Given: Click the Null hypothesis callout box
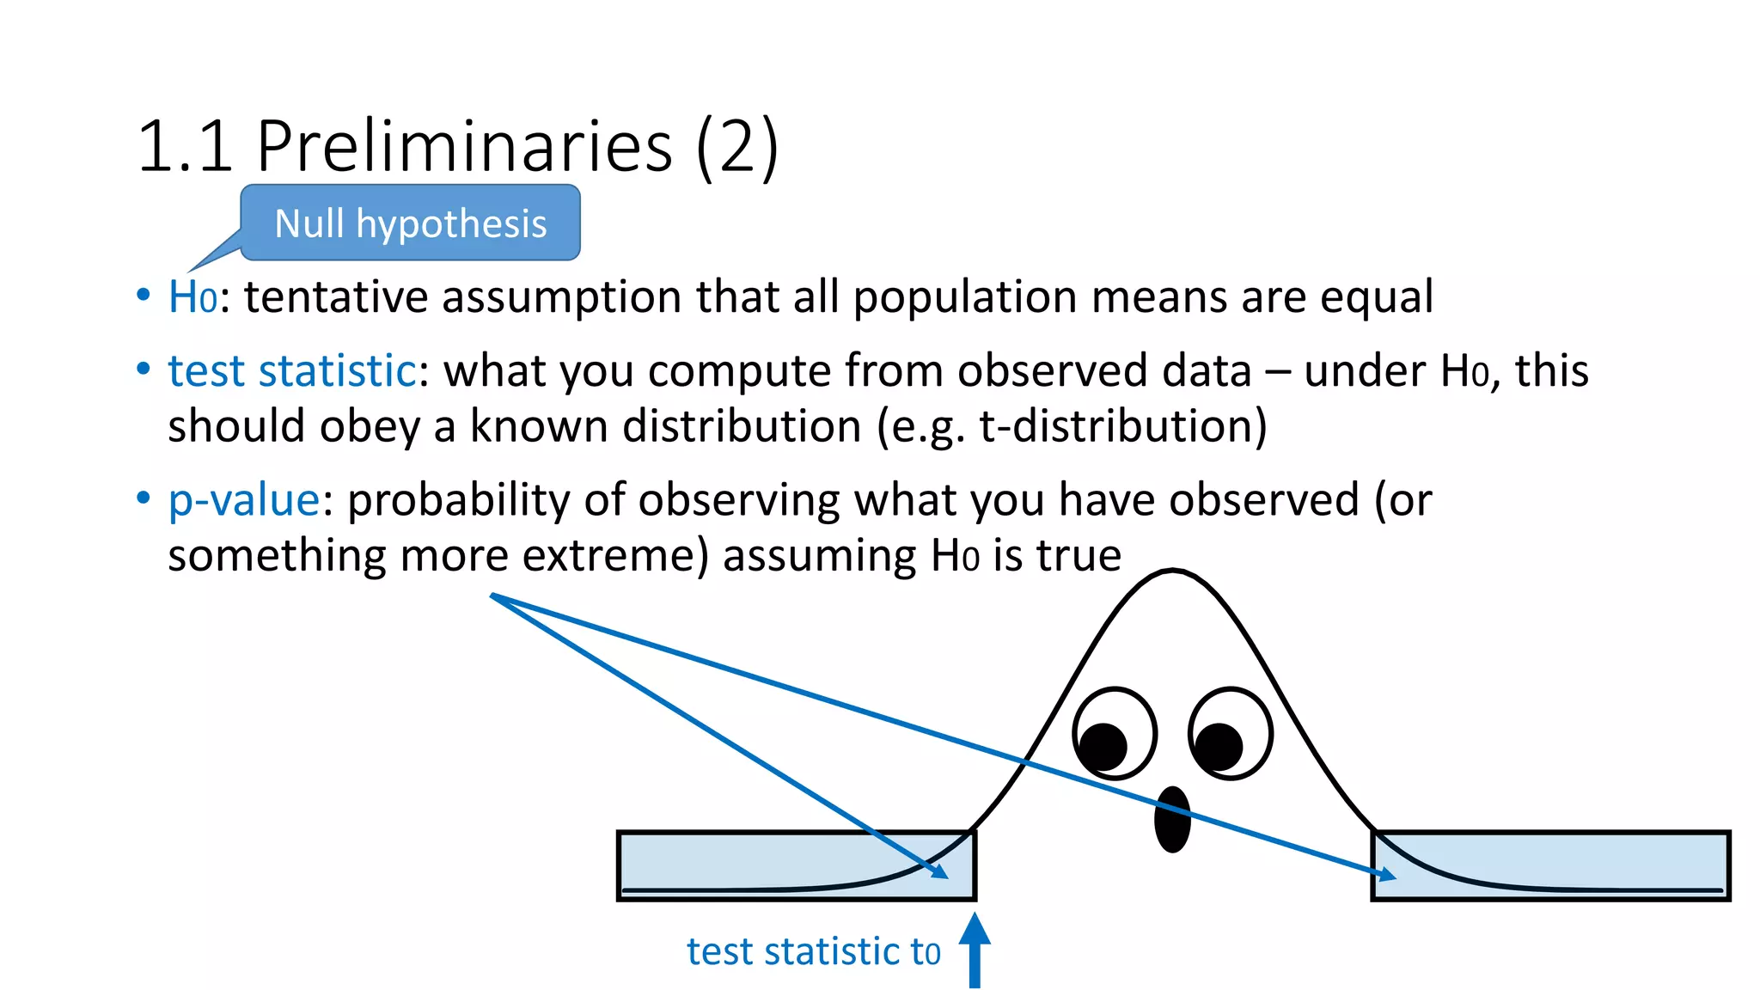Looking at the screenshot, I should coord(410,223).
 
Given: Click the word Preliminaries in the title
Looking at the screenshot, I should coord(464,146).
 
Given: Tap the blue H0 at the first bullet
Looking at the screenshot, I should coord(192,297).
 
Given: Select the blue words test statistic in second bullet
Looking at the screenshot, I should coord(292,371).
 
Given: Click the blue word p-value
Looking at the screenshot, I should coord(244,500).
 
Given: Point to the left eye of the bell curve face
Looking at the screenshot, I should coord(1114,734).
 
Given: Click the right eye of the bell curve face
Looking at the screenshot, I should coord(1230,734).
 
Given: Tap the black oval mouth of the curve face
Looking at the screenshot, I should coord(1171,819).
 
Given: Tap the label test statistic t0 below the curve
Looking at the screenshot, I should coord(813,952).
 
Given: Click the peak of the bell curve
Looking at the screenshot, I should coord(1173,571).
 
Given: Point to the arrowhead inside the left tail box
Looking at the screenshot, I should coord(939,871).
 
